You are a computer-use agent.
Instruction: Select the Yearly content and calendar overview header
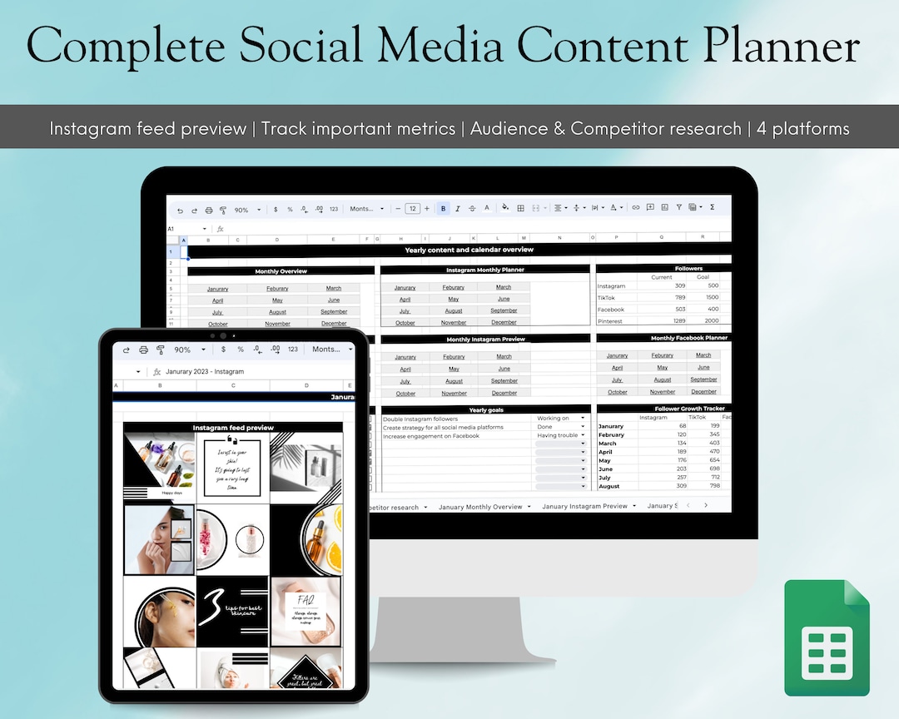pyautogui.click(x=469, y=250)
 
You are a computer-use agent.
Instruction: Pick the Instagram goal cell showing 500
pyautogui.click(x=712, y=285)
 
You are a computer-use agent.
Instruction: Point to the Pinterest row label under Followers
pyautogui.click(x=610, y=320)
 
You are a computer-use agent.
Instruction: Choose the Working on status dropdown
pyautogui.click(x=561, y=418)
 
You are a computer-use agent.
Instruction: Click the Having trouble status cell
pyautogui.click(x=561, y=435)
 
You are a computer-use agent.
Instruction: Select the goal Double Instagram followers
pyautogui.click(x=420, y=419)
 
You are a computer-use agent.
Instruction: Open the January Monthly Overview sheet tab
pyautogui.click(x=480, y=507)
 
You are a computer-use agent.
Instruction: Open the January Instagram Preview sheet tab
pyautogui.click(x=584, y=506)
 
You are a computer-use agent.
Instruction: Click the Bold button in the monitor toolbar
pyautogui.click(x=444, y=209)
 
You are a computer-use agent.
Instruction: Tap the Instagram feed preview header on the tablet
pyautogui.click(x=233, y=428)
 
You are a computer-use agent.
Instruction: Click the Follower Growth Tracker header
pyautogui.click(x=689, y=409)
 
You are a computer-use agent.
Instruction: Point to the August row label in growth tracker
pyautogui.click(x=609, y=486)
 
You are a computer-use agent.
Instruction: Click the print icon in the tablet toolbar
pyautogui.click(x=143, y=350)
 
